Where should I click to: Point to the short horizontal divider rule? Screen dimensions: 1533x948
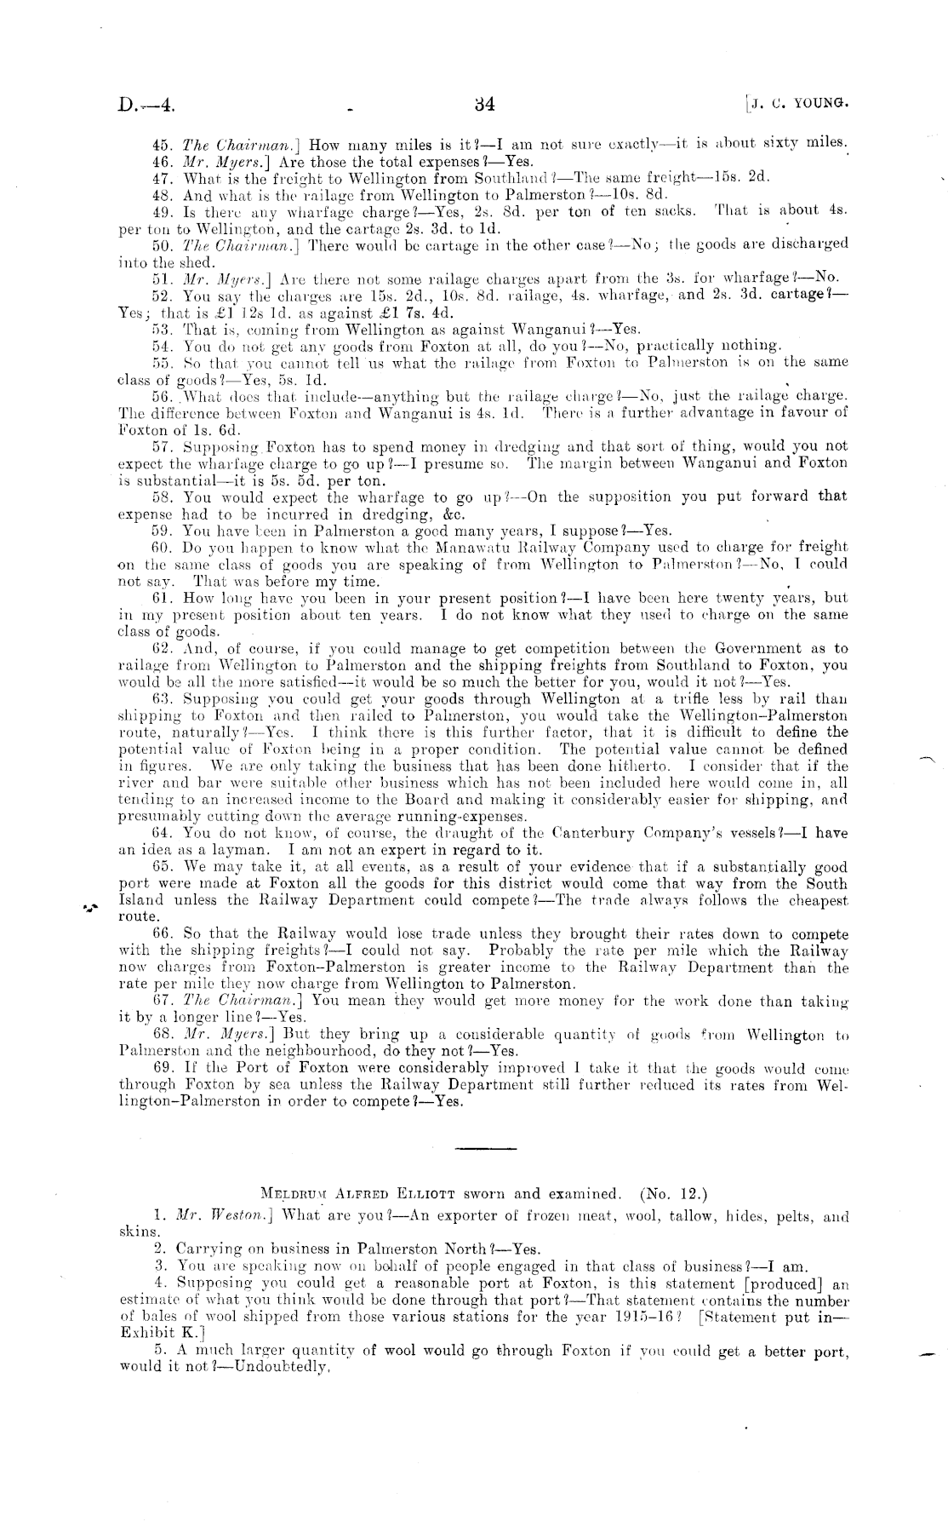pos(480,1149)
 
